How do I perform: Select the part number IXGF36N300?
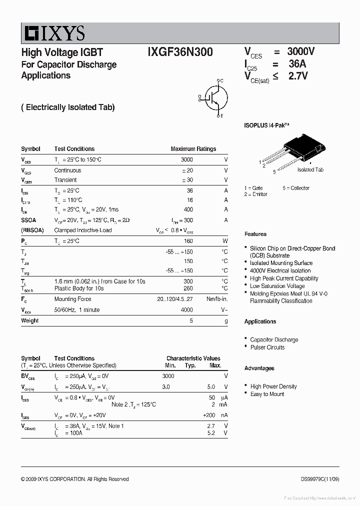(180, 52)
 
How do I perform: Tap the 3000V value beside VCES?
(300, 52)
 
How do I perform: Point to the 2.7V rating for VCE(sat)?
(298, 76)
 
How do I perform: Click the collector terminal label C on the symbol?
(221, 80)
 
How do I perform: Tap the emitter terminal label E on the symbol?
(221, 116)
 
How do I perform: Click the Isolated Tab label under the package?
(310, 170)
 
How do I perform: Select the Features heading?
(255, 234)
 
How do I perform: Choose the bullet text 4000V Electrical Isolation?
(280, 270)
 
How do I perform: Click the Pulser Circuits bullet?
(267, 347)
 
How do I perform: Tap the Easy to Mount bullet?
(267, 394)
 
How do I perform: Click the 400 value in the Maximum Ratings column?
(188, 210)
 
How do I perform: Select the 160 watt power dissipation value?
(188, 241)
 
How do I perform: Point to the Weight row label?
(29, 320)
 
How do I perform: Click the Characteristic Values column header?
(193, 358)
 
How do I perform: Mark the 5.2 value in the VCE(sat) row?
(210, 433)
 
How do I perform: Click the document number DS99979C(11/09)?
(319, 479)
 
